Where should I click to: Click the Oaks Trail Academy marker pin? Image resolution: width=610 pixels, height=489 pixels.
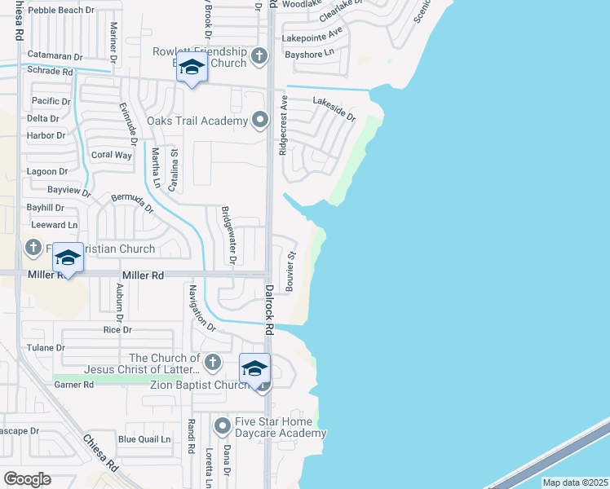[260, 121]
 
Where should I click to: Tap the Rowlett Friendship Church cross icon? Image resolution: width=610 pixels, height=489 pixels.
[259, 56]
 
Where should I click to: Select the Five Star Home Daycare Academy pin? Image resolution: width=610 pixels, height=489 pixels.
[223, 425]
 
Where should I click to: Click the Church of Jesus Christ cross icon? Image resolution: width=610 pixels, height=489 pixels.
[213, 361]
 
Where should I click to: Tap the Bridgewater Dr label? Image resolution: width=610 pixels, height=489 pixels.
[228, 236]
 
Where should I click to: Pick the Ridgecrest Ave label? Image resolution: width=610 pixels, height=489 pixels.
[284, 126]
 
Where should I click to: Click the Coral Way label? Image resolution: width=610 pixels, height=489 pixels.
[112, 155]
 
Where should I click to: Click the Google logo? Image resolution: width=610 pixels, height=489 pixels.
[26, 479]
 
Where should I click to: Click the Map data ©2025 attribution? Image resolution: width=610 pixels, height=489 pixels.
[575, 482]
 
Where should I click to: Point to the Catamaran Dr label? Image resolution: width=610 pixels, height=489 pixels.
[55, 56]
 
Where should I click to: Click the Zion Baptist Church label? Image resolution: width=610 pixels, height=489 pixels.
[199, 385]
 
